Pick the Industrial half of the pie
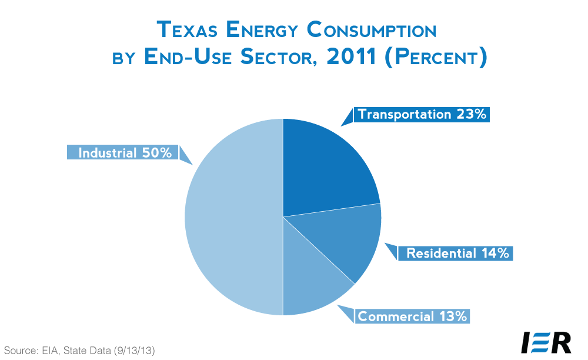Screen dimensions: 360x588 pyautogui.click(x=232, y=218)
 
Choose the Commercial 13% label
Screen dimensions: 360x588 pyautogui.click(x=412, y=316)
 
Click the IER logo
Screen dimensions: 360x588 pyautogui.click(x=546, y=342)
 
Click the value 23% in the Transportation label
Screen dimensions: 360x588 pyautogui.click(x=472, y=114)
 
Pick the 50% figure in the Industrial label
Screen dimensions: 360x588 pyautogui.click(x=156, y=153)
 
